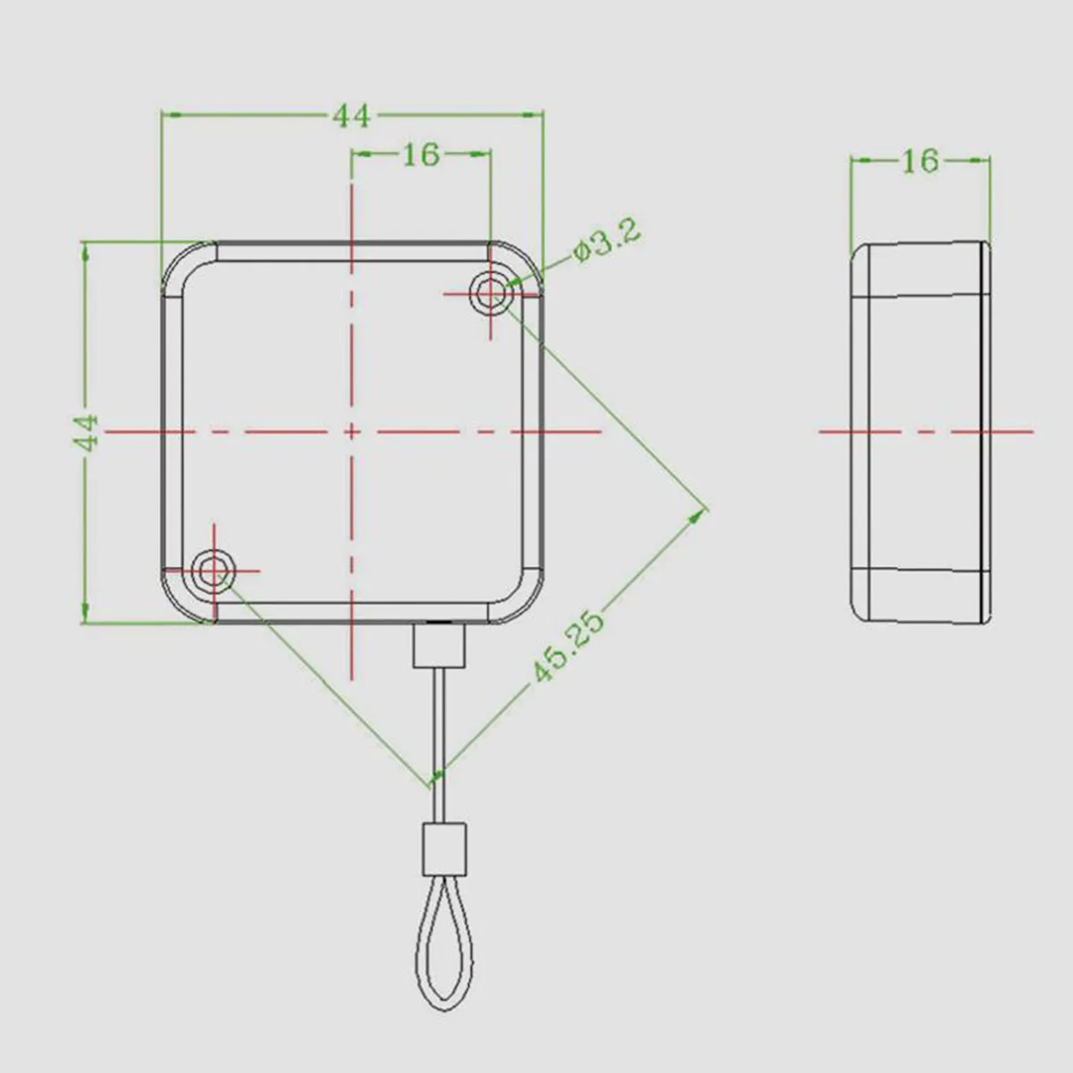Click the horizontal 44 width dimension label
click(x=351, y=116)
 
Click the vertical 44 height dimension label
click(x=87, y=432)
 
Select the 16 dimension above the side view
click(x=920, y=161)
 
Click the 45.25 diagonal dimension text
click(x=569, y=647)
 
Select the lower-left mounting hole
click(x=214, y=570)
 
